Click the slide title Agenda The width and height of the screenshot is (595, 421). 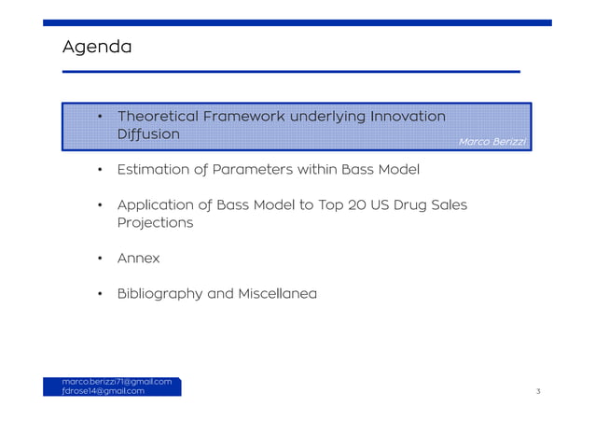point(96,46)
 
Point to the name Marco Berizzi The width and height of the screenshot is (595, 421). point(492,141)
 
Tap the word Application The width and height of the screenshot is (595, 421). point(159,204)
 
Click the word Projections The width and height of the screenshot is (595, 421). point(155,223)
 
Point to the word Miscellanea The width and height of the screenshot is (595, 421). point(277,294)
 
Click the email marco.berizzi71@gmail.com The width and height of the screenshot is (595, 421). point(117,382)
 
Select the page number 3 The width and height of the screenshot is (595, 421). point(538,392)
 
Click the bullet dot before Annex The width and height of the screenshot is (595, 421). point(100,259)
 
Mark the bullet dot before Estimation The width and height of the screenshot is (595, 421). point(100,170)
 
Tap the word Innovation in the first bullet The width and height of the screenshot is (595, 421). point(408,116)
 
